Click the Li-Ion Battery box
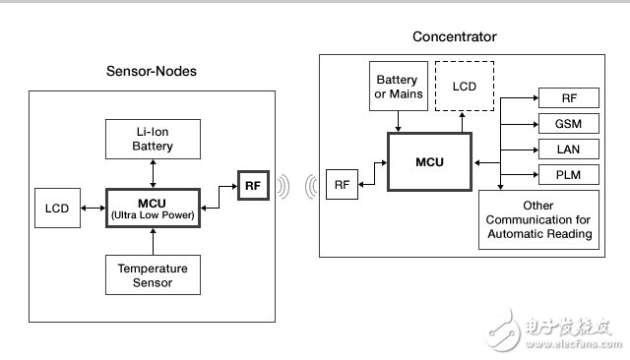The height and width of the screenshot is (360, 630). pyautogui.click(x=153, y=139)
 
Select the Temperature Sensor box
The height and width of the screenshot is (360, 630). pyautogui.click(x=153, y=274)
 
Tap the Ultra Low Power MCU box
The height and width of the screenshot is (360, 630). pyautogui.click(x=153, y=208)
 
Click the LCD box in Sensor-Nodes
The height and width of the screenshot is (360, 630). pyautogui.click(x=57, y=208)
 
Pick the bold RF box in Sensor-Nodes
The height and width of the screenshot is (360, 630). pyautogui.click(x=253, y=186)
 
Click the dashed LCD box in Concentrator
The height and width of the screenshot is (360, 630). pyautogui.click(x=465, y=86)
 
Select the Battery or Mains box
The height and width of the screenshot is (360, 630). pyautogui.click(x=399, y=86)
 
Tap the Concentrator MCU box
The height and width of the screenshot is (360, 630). pyautogui.click(x=429, y=161)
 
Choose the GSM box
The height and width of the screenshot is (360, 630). pyautogui.click(x=569, y=124)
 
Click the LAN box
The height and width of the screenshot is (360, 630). pyautogui.click(x=569, y=150)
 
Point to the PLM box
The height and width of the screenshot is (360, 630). pyautogui.click(x=569, y=174)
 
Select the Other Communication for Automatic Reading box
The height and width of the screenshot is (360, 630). pyautogui.click(x=538, y=219)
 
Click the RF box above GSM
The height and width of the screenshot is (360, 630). pyautogui.click(x=569, y=98)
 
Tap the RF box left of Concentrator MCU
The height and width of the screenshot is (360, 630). pyautogui.click(x=342, y=184)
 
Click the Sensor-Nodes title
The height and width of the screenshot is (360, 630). pyautogui.click(x=152, y=71)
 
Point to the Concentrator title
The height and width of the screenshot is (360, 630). pyautogui.click(x=455, y=36)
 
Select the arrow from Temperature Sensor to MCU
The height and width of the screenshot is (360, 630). pyautogui.click(x=153, y=242)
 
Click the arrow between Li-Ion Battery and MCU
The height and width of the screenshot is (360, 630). pyautogui.click(x=153, y=173)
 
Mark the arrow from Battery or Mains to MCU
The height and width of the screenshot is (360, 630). pyautogui.click(x=398, y=121)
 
